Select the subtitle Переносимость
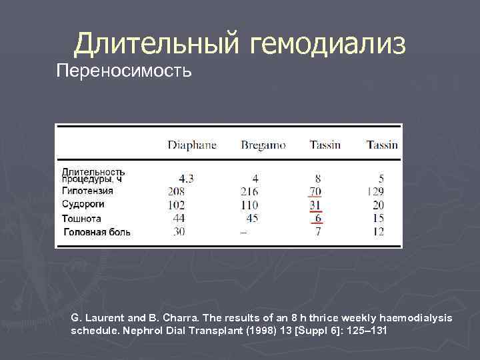click(x=124, y=70)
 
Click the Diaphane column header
click(x=191, y=145)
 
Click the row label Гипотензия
click(x=87, y=191)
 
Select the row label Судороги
click(x=83, y=204)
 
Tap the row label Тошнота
click(x=81, y=218)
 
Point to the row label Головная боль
click(x=97, y=232)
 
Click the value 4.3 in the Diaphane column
click(x=187, y=178)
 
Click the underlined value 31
click(x=315, y=205)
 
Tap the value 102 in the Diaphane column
click(x=177, y=205)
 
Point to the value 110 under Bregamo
click(x=249, y=205)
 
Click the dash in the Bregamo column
click(x=243, y=232)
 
